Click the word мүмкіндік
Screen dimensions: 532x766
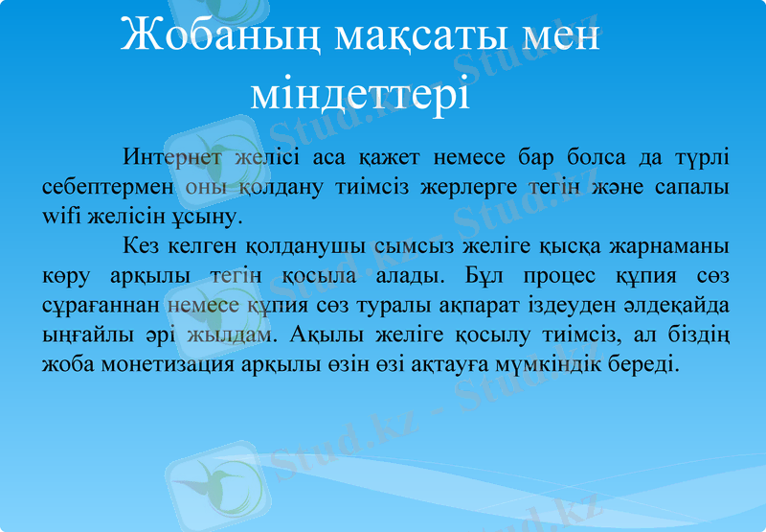pos(557,365)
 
